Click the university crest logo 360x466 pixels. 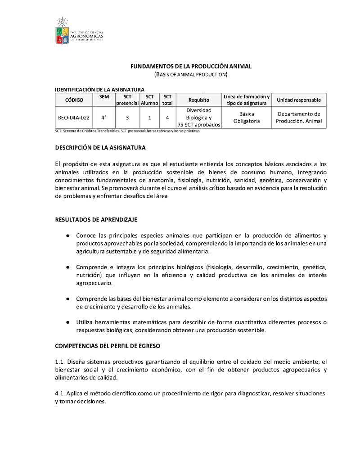(62, 31)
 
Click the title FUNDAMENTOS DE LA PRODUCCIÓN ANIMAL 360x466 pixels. (191, 66)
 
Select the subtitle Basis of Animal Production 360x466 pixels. (191, 74)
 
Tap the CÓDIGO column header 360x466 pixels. (74, 100)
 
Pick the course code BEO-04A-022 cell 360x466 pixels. (74, 118)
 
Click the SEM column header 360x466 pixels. (104, 97)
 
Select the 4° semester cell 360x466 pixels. (104, 118)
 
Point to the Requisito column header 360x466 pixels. (199, 100)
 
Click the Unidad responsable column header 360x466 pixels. (299, 100)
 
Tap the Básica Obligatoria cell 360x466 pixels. (247, 118)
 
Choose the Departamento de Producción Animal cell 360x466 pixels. (299, 118)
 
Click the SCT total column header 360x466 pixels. (167, 100)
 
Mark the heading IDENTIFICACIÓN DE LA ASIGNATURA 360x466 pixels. (99, 90)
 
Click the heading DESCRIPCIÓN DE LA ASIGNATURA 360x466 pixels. (100, 148)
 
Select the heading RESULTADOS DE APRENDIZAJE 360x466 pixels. (96, 220)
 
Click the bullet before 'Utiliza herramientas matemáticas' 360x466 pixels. (67, 322)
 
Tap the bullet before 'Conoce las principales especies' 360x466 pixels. (67, 235)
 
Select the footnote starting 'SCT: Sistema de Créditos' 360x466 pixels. (127, 131)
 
